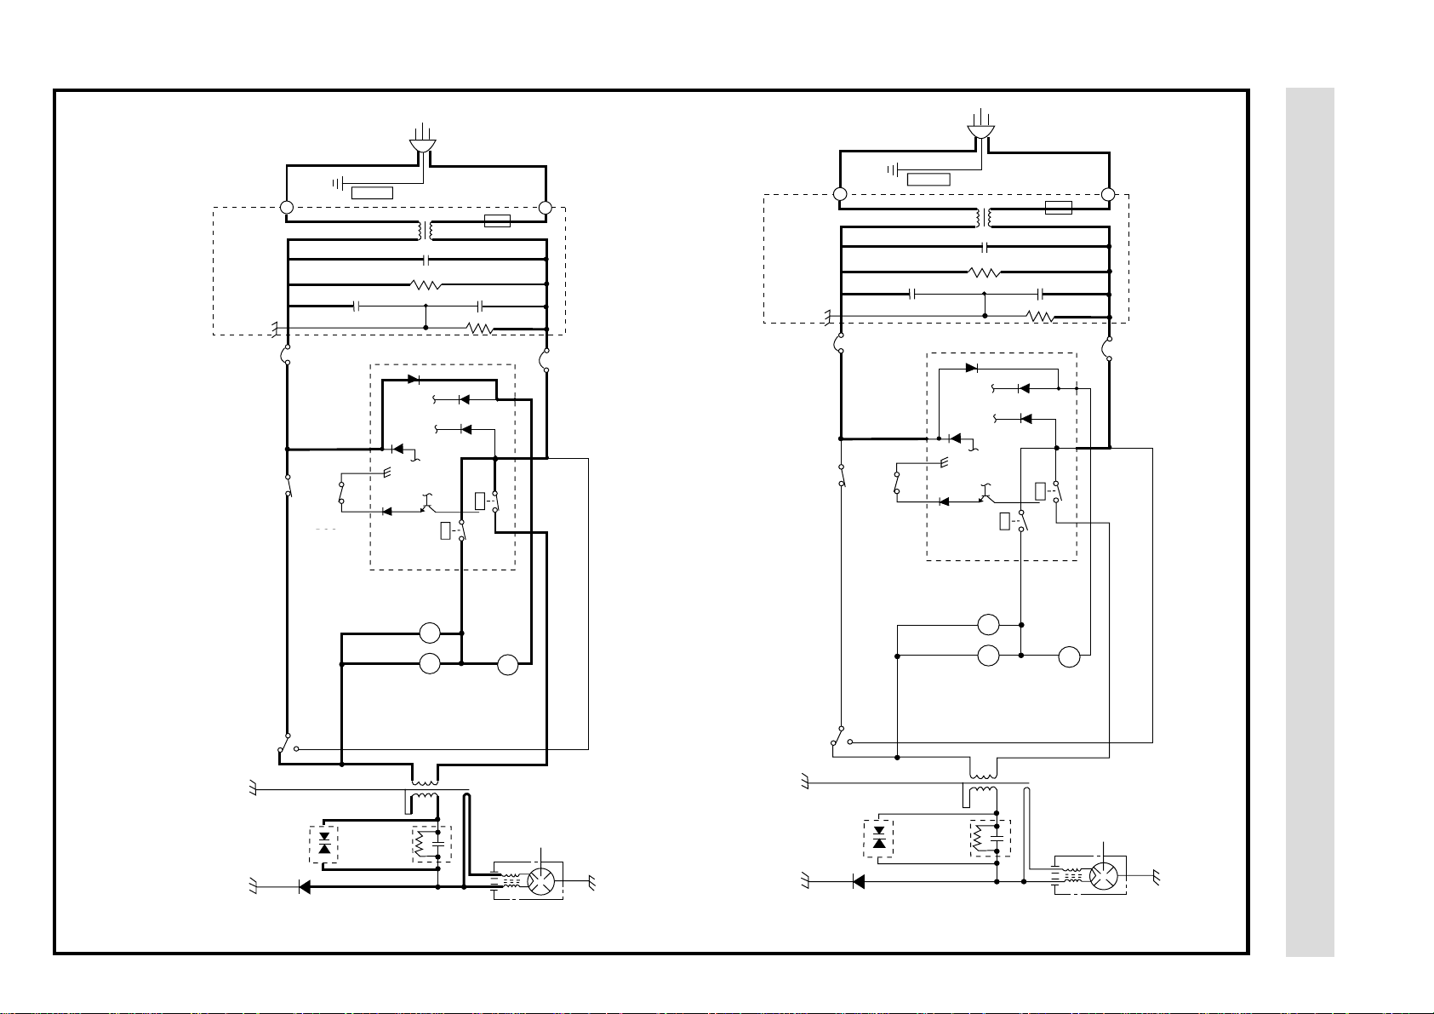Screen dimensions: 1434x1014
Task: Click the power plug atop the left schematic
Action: pyautogui.click(x=421, y=145)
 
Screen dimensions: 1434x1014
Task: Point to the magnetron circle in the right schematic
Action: pyautogui.click(x=1103, y=874)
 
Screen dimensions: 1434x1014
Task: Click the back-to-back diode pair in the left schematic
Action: pyautogui.click(x=323, y=845)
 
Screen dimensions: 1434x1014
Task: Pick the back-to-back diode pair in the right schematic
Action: pyautogui.click(x=880, y=839)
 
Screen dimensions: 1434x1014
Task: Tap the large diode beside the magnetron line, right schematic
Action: pyautogui.click(x=858, y=881)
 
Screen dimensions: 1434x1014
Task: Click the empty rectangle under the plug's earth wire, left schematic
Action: pyautogui.click(x=372, y=192)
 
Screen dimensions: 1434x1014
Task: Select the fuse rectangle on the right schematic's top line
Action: pyautogui.click(x=1058, y=208)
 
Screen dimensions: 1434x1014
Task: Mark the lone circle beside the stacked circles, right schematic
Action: pyautogui.click(x=1069, y=656)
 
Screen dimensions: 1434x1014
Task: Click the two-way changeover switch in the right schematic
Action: pyautogui.click(x=841, y=736)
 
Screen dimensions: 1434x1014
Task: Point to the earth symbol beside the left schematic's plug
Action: pyautogui.click(x=337, y=183)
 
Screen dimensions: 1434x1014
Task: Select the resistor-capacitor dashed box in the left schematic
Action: pyautogui.click(x=432, y=845)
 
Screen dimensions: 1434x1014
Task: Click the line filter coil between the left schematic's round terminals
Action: pyautogui.click(x=424, y=230)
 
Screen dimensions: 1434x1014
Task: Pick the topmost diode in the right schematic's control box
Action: pyautogui.click(x=971, y=369)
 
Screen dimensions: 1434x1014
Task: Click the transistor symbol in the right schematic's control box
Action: pyautogui.click(x=987, y=495)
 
